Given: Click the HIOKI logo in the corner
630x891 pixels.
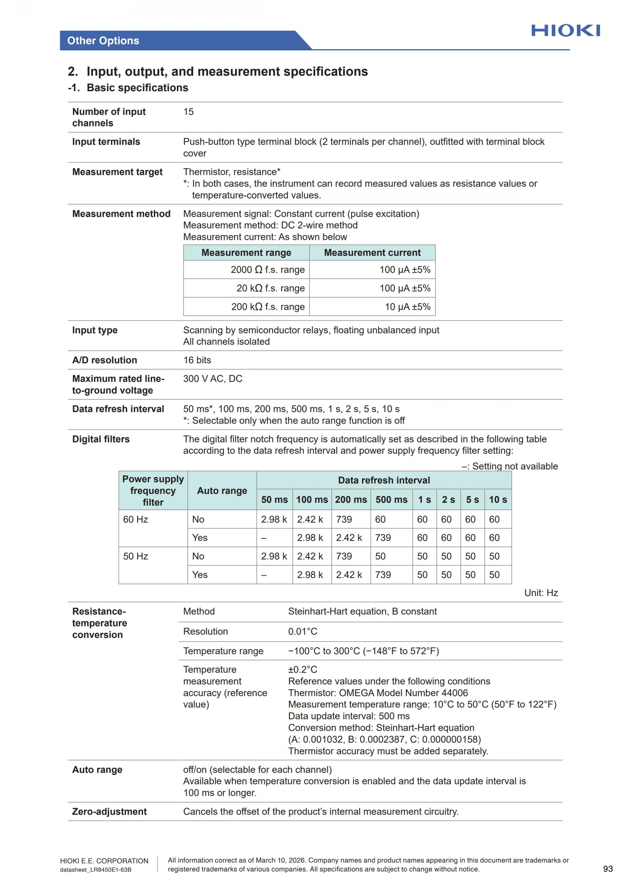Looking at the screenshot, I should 565,31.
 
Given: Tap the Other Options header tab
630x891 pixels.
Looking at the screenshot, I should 103,41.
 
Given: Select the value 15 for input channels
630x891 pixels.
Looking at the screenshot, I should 189,112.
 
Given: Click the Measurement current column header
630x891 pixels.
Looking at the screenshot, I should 372,253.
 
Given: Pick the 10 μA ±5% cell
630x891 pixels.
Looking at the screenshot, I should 407,307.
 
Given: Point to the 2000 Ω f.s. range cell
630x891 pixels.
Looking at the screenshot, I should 268,270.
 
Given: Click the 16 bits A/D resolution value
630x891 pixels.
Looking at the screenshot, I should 197,360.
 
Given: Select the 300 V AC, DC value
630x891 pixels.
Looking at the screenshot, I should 213,379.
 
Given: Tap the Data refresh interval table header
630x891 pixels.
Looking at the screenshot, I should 384,480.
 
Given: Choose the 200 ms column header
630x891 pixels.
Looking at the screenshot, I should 351,500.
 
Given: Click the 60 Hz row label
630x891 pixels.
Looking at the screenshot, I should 136,519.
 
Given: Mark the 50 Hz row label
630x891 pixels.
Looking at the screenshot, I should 136,556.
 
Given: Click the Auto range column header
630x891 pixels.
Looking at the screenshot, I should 222,491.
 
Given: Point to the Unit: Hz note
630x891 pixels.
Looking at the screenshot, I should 541,593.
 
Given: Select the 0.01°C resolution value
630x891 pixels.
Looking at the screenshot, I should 303,631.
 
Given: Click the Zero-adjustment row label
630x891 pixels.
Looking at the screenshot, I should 109,812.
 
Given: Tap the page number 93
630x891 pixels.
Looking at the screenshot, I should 608,869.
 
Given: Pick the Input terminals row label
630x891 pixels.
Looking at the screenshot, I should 106,142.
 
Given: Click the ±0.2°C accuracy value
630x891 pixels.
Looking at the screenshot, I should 303,669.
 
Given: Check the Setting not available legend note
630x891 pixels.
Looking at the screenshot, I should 509,466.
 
